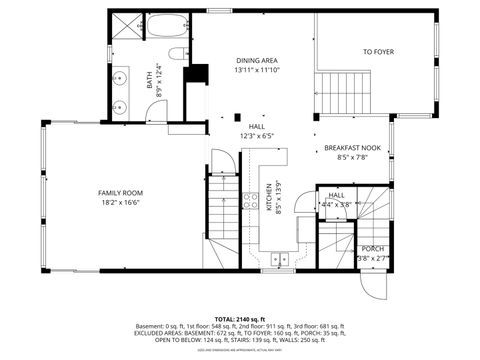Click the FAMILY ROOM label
(x=120, y=192)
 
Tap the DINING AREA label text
(x=250, y=60)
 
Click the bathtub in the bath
(x=162, y=26)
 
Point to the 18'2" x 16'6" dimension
(x=120, y=202)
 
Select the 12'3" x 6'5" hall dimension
(x=256, y=136)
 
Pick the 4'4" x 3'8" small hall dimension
(x=337, y=204)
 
